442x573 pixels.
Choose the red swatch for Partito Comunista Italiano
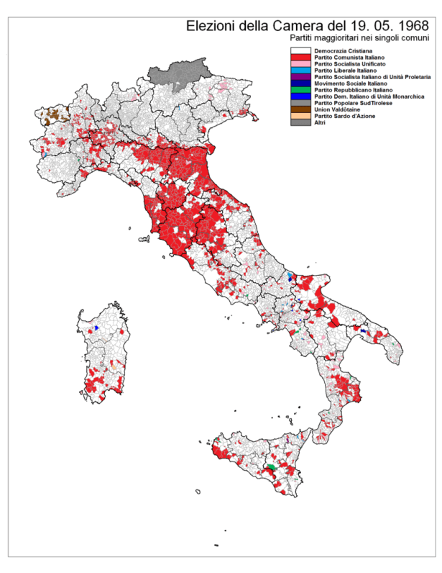[301, 58]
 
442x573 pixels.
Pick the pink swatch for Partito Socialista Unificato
[301, 64]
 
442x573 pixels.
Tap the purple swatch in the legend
[301, 77]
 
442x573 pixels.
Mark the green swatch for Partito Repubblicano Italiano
[301, 90]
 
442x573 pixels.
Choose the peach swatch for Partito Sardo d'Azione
[301, 116]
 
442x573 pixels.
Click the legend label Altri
[319, 122]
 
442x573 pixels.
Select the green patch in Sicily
[272, 469]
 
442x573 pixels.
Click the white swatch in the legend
[301, 52]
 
